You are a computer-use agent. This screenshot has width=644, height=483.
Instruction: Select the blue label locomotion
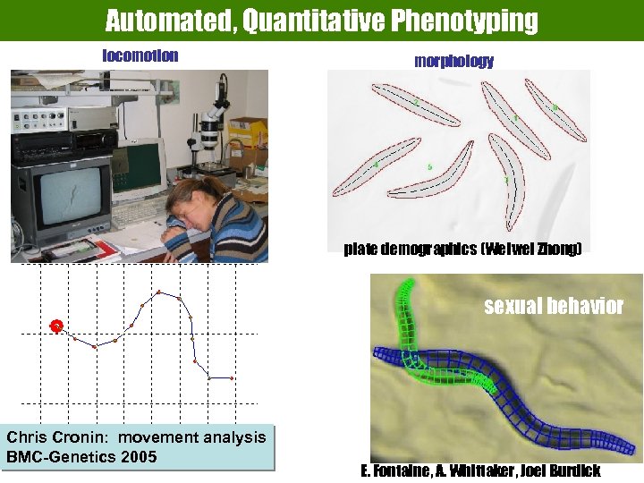140,55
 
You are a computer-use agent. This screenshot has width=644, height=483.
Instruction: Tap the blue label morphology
453,61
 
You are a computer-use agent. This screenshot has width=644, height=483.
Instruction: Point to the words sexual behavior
554,307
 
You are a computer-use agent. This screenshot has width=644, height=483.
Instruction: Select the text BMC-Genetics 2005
81,457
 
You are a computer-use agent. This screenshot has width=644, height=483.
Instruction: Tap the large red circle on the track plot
56,326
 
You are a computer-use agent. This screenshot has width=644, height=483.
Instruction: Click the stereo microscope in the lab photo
210,125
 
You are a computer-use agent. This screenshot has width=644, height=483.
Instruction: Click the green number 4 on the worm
376,165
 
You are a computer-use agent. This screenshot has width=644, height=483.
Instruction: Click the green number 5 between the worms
430,166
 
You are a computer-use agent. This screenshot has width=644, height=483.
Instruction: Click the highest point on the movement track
159,292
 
